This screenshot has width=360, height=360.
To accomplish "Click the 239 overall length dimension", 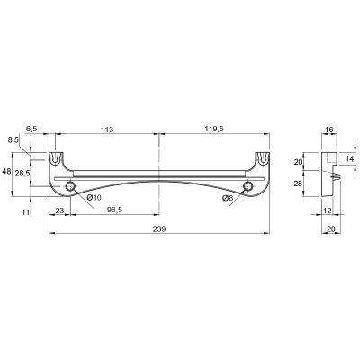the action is click(159, 229).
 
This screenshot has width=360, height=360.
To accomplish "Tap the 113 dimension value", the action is click(107, 130).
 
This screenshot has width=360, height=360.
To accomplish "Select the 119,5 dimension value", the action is click(214, 129).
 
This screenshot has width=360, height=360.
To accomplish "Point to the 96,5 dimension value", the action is click(114, 211).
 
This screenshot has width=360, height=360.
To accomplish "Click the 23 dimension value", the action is click(59, 211).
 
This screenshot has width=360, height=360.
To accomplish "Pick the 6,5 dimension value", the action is click(31, 129).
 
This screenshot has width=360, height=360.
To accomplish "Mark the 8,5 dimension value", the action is click(13, 139).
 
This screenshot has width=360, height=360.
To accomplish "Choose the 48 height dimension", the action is click(6, 172).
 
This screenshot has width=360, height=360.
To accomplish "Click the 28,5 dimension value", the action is click(22, 174).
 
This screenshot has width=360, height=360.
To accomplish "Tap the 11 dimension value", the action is click(26, 212).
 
